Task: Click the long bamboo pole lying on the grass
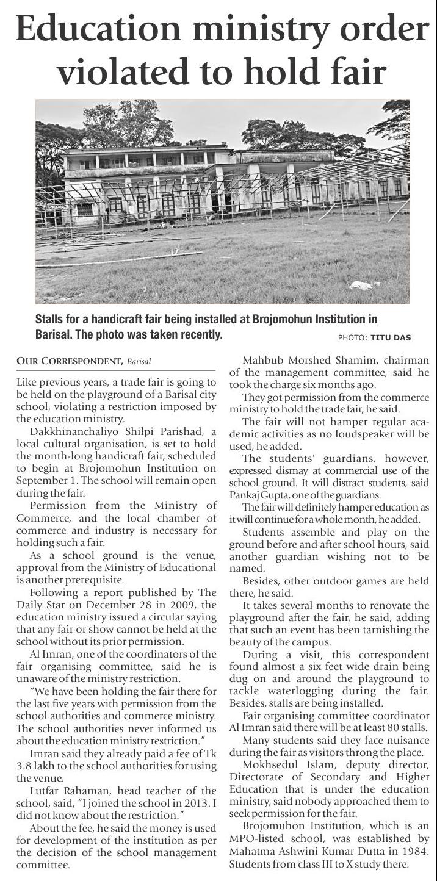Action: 122,259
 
